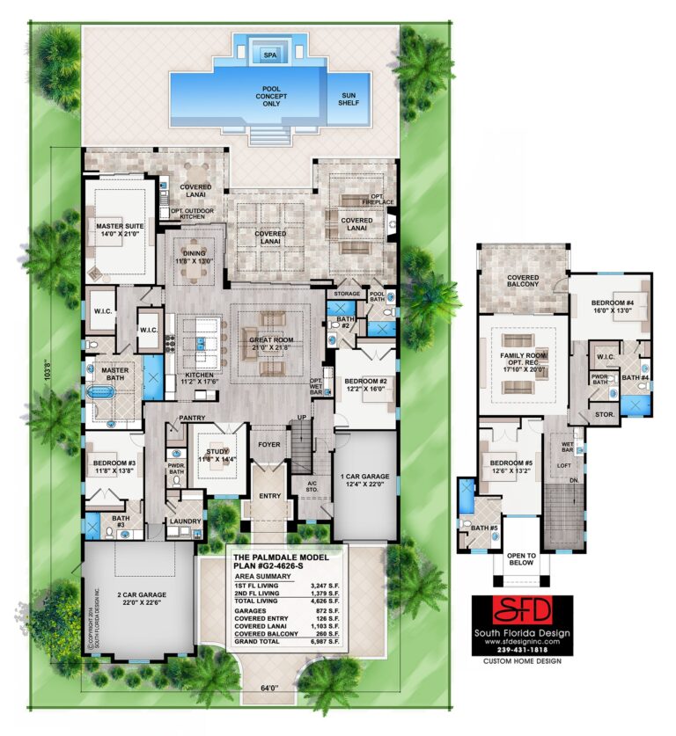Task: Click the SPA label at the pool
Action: (x=269, y=55)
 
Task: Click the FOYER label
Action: (x=268, y=445)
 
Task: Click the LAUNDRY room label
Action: (x=186, y=521)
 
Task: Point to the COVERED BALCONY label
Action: (x=523, y=281)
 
